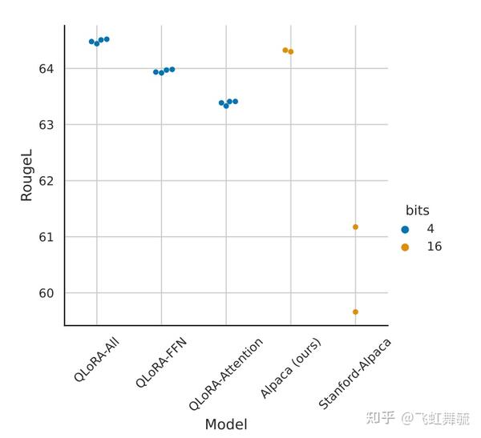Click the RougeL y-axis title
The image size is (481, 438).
[x=26, y=177]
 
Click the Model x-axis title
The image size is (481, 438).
[x=226, y=424]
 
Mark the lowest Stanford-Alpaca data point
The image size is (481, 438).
[x=355, y=311]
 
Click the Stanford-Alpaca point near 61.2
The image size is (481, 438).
[x=355, y=227]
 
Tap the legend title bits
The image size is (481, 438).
[x=417, y=211]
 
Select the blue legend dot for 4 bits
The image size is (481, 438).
[x=405, y=229]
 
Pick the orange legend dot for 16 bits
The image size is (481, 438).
[x=405, y=247]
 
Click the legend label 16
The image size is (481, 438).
[x=434, y=247]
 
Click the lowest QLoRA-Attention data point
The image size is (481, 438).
[x=226, y=106]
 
